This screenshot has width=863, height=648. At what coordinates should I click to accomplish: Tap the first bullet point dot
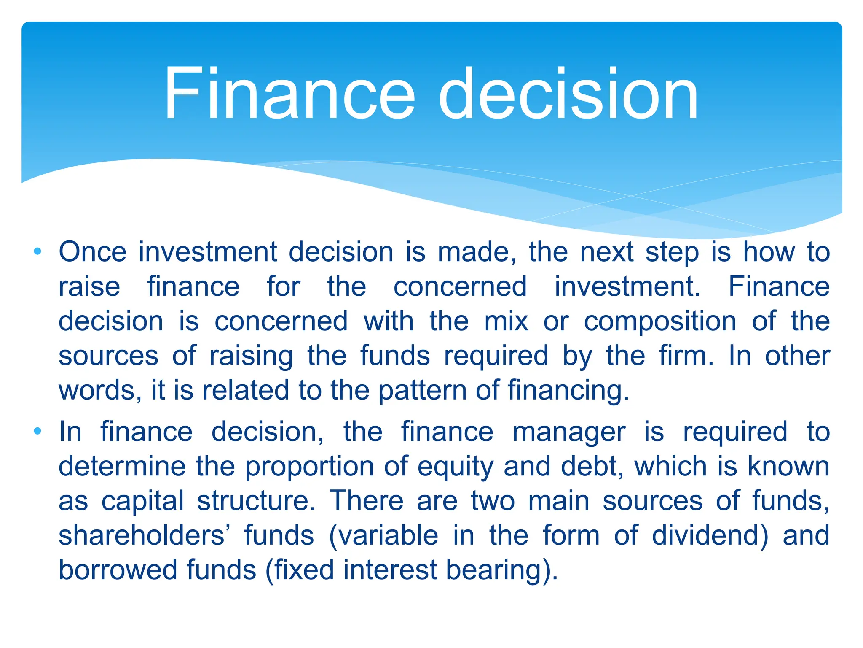click(x=38, y=252)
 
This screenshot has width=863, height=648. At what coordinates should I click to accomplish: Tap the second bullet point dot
click(x=38, y=431)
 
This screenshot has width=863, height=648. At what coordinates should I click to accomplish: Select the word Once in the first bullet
click(x=93, y=252)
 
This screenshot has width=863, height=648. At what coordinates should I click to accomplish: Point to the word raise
click(x=89, y=287)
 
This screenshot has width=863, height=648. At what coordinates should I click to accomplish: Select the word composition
click(x=660, y=321)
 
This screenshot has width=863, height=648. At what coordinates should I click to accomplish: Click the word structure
click(x=256, y=502)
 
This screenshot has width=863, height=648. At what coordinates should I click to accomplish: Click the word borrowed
click(x=118, y=570)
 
